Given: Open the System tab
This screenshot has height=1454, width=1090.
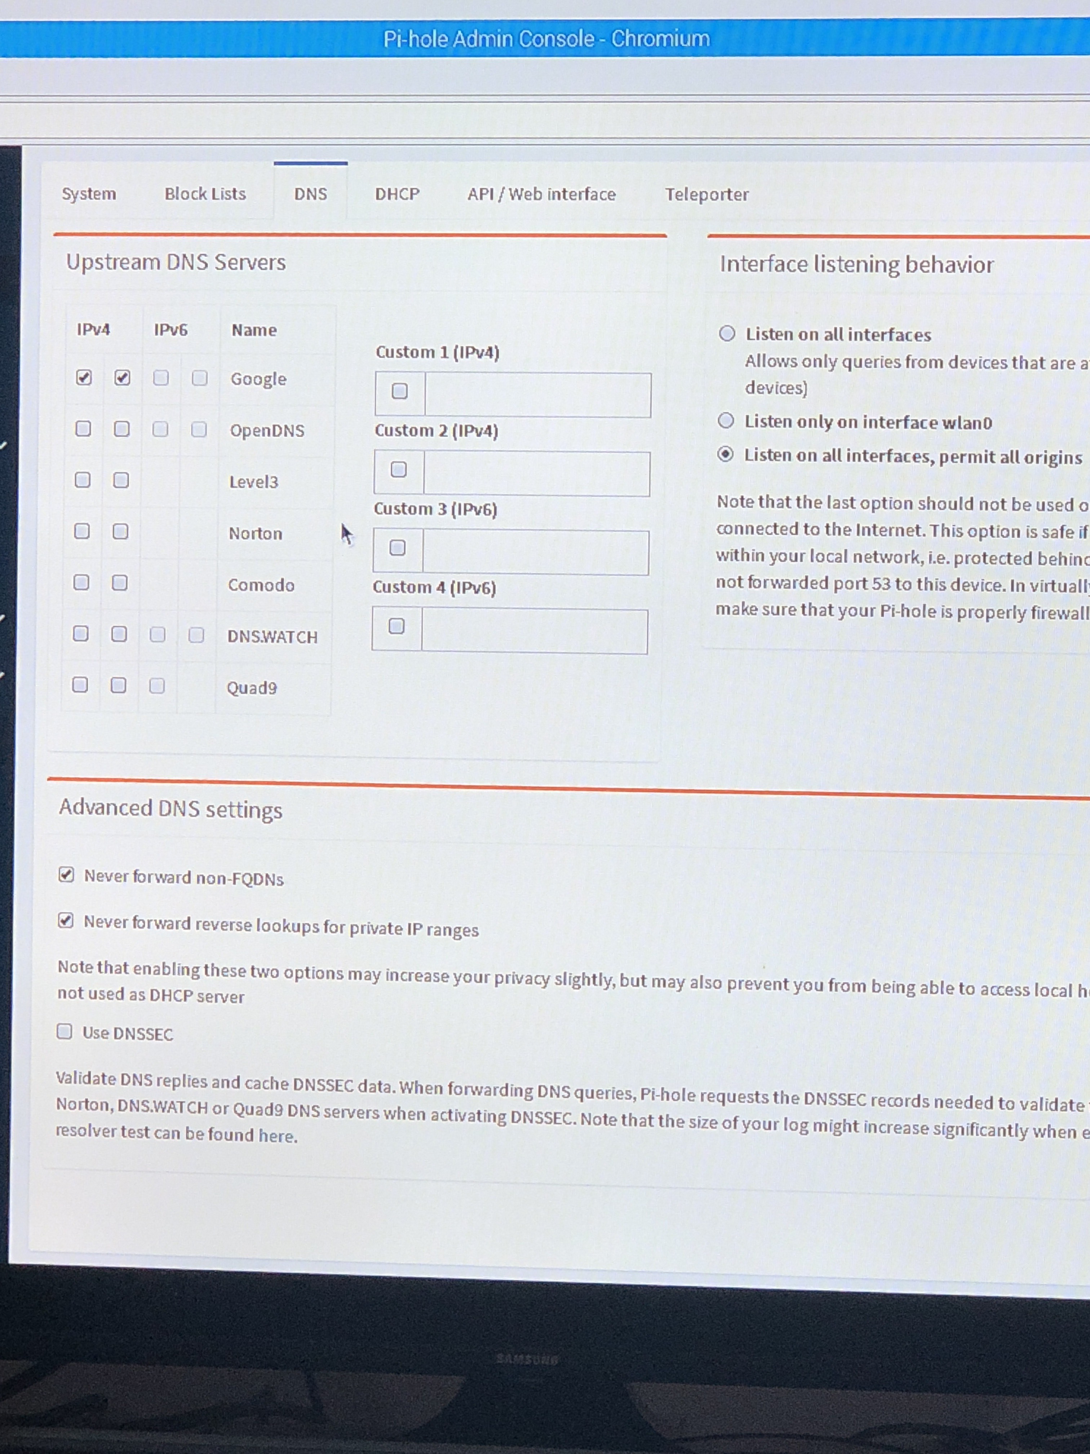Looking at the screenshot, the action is (x=89, y=194).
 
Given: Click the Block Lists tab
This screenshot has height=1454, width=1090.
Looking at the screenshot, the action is (x=205, y=194).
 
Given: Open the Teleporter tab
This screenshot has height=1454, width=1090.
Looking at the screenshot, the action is (x=706, y=195).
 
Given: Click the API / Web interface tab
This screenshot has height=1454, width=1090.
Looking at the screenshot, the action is (x=541, y=195).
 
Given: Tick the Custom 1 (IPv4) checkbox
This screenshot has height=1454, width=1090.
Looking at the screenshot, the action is (x=399, y=391).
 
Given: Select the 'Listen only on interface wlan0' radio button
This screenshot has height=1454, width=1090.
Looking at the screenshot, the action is (x=725, y=421).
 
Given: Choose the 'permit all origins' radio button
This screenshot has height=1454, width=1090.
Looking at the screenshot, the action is (x=725, y=454).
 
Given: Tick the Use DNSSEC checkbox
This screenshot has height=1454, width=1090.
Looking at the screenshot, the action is (x=65, y=1031).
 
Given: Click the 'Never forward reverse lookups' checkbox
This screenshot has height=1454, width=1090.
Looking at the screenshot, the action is (x=66, y=920).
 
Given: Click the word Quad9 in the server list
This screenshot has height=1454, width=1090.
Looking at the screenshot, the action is (x=252, y=688).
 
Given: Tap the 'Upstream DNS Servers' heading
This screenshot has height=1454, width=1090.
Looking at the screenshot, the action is (x=176, y=262).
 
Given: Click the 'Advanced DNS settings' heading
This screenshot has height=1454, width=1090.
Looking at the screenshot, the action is (x=171, y=808).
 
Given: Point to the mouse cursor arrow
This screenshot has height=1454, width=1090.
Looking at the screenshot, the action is (x=347, y=534).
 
